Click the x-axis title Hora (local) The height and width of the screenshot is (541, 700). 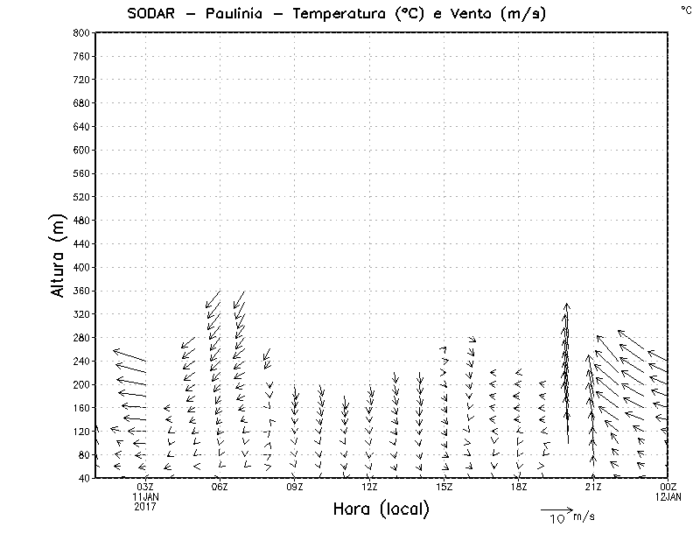[381, 509]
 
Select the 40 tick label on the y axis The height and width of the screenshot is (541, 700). [84, 478]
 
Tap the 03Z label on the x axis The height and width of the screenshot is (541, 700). [145, 487]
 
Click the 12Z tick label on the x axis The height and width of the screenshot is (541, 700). [369, 487]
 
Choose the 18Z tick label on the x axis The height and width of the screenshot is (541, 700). [519, 487]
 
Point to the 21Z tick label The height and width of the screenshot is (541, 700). [593, 487]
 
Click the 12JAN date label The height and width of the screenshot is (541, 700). [668, 496]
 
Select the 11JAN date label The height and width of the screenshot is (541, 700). [145, 496]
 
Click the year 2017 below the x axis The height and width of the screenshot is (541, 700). [145, 506]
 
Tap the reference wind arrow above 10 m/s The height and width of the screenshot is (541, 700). [556, 509]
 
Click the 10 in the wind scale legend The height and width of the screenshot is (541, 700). [557, 519]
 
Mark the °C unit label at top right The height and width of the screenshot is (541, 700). [685, 9]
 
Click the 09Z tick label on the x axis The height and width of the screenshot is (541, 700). [295, 487]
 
